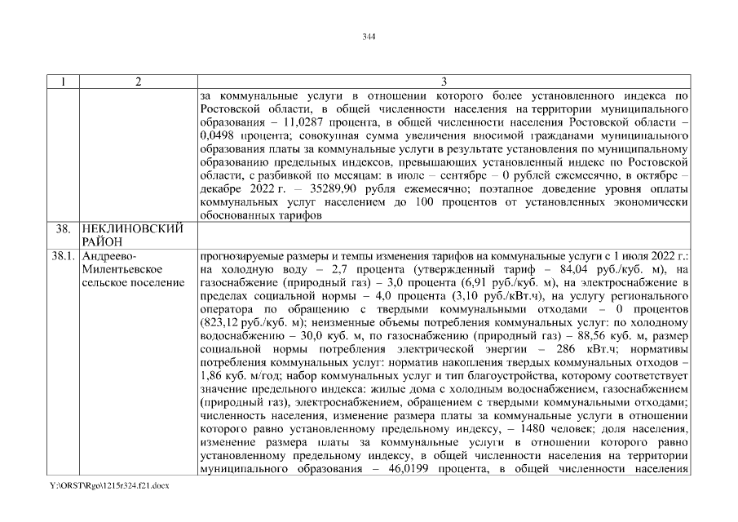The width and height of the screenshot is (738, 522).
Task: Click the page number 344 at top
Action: pyautogui.click(x=369, y=36)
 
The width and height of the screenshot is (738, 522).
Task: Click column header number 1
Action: pyautogui.click(x=63, y=82)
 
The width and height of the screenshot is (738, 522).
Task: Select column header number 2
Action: pyautogui.click(x=138, y=82)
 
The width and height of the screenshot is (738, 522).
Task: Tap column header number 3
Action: pyautogui.click(x=443, y=82)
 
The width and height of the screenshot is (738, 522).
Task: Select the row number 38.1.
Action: pyautogui.click(x=63, y=255)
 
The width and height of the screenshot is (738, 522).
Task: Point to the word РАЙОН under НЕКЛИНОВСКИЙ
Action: pyautogui.click(x=102, y=241)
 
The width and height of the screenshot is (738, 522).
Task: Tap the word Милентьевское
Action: pyautogui.click(x=120, y=269)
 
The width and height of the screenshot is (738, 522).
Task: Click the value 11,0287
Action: pyautogui.click(x=311, y=122)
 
